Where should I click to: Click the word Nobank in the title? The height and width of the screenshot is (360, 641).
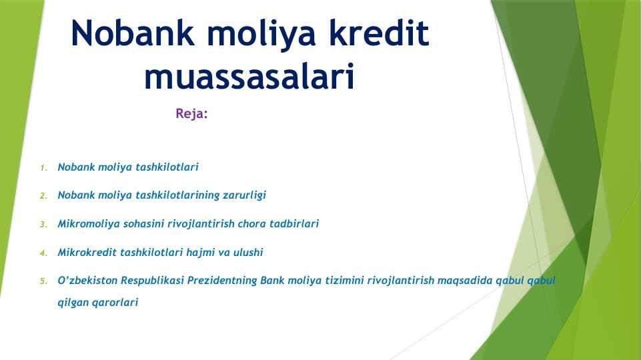(133, 33)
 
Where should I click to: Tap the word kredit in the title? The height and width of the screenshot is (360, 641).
(380, 33)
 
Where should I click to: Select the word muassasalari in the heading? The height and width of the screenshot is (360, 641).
(249, 76)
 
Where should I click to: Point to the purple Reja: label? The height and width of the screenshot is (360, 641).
(191, 113)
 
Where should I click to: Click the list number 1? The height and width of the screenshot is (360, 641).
(44, 168)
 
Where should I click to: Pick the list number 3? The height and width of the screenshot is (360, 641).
(44, 225)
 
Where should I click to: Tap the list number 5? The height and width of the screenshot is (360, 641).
(44, 281)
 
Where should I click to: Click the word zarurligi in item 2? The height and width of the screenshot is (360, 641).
(245, 195)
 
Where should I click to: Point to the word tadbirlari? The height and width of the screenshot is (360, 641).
(294, 223)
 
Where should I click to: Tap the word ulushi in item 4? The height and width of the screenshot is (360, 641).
(248, 252)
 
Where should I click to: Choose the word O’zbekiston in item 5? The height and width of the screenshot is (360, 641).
(87, 280)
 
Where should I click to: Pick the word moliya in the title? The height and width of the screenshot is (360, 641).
(261, 34)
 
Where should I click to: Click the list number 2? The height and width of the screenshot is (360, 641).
(44, 196)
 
